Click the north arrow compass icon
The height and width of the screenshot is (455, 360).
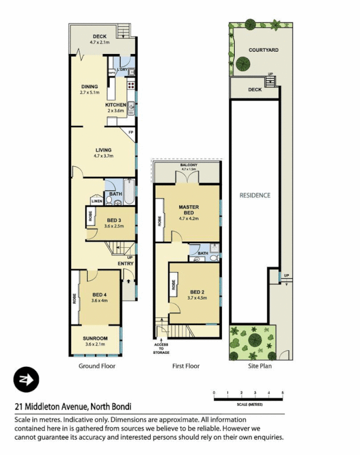pyautogui.click(x=26, y=380)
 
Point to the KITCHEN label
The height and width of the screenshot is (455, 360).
pyautogui.click(x=115, y=105)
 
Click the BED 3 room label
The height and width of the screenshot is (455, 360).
pyautogui.click(x=114, y=220)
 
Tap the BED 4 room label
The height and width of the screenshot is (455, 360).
pyautogui.click(x=100, y=295)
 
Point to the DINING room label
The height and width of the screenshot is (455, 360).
pyautogui.click(x=90, y=87)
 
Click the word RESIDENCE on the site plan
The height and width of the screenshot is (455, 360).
pyautogui.click(x=255, y=195)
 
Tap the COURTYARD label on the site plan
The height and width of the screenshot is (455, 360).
pyautogui.click(x=263, y=50)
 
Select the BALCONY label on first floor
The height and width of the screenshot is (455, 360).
pyautogui.click(x=188, y=165)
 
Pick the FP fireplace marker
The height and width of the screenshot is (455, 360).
pyautogui.click(x=131, y=133)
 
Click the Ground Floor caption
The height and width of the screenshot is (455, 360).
pyautogui.click(x=97, y=366)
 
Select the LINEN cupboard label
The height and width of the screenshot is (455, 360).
pyautogui.click(x=97, y=200)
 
